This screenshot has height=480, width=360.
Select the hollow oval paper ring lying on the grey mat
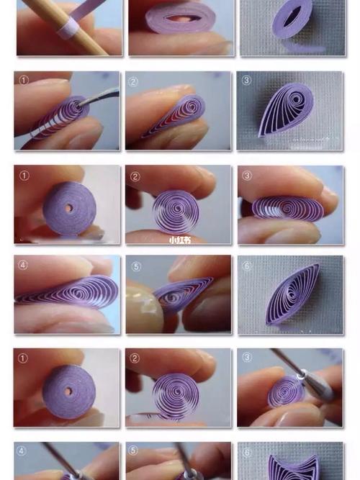(x=292, y=19)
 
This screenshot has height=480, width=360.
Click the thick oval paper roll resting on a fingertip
(x=181, y=18)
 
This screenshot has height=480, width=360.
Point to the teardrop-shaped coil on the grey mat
(x=285, y=109)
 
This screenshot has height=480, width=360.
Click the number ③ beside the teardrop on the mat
(x=247, y=81)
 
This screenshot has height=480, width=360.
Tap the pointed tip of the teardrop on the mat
(x=260, y=135)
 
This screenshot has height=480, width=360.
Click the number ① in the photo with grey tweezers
(x=24, y=80)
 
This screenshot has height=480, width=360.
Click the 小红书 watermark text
(x=180, y=240)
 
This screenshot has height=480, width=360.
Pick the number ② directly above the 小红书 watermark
(x=135, y=176)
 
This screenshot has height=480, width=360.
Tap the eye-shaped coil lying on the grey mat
(x=292, y=294)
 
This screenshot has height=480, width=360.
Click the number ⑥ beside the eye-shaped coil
(x=247, y=266)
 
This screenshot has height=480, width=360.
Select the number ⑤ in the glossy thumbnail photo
(x=136, y=267)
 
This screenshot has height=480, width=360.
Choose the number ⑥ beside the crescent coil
(x=247, y=453)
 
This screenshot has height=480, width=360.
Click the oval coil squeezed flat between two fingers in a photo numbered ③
(x=288, y=209)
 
